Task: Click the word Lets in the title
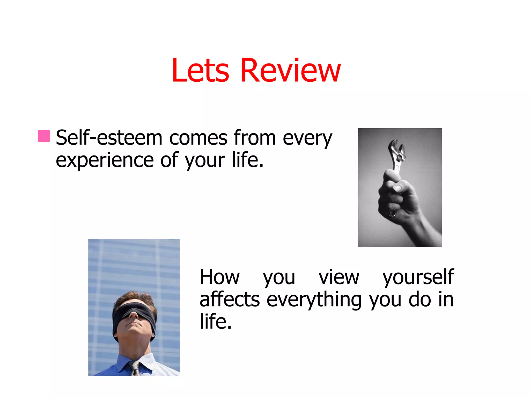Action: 200,70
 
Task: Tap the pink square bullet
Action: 44,136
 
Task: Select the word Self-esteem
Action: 109,138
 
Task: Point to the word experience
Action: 105,160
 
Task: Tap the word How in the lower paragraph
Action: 220,277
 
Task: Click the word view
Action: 339,277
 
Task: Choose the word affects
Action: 230,300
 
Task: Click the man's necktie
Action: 136,368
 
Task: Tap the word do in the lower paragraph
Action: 419,300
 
